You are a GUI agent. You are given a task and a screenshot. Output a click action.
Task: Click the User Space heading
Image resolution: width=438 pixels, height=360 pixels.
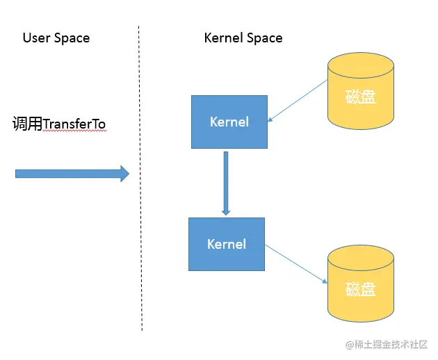click(x=56, y=38)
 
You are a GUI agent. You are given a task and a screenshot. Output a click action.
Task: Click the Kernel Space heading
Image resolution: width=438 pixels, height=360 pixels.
click(x=243, y=38)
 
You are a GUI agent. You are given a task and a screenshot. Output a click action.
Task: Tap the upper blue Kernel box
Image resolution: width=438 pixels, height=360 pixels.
click(x=229, y=122)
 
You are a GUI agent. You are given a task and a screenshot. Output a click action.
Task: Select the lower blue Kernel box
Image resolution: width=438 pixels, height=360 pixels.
click(x=227, y=244)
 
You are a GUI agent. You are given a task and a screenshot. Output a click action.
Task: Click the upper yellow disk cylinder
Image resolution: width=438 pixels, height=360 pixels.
click(x=360, y=94)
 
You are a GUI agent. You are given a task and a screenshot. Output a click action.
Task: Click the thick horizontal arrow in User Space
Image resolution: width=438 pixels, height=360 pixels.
click(x=70, y=174)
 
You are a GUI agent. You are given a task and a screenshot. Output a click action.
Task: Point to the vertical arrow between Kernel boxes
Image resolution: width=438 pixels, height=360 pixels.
click(x=226, y=181)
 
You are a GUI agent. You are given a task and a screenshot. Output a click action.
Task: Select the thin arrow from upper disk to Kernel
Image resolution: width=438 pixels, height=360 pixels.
click(x=298, y=101)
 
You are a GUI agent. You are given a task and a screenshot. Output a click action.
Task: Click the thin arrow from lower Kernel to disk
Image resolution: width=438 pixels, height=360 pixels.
click(x=296, y=263)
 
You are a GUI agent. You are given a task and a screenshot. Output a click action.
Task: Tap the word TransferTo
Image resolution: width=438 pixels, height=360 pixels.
click(x=74, y=124)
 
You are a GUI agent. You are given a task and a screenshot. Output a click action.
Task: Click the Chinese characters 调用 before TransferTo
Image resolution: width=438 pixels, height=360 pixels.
click(x=27, y=124)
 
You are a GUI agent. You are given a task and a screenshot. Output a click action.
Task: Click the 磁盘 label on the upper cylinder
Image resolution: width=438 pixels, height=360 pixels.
click(x=360, y=97)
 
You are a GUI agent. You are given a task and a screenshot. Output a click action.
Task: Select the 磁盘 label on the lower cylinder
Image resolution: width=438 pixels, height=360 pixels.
click(x=360, y=288)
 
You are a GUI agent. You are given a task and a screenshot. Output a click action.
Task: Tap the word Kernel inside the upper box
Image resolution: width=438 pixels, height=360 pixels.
click(x=229, y=122)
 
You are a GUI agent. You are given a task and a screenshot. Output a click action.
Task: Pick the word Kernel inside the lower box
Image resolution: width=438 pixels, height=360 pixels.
click(x=227, y=244)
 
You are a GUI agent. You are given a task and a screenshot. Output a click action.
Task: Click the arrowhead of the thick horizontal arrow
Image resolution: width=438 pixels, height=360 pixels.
click(x=125, y=174)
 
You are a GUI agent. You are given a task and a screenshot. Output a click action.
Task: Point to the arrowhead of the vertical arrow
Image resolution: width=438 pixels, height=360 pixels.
click(x=226, y=210)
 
